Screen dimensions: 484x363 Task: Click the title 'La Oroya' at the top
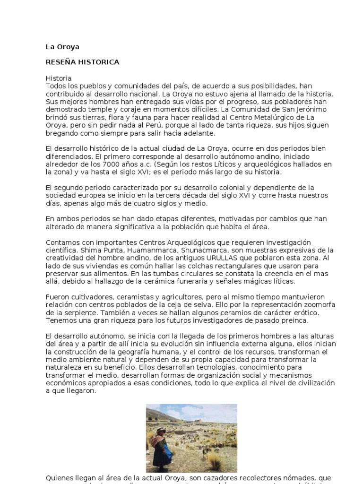click(x=62, y=47)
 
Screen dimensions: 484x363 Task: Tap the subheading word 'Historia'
click(x=59, y=78)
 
